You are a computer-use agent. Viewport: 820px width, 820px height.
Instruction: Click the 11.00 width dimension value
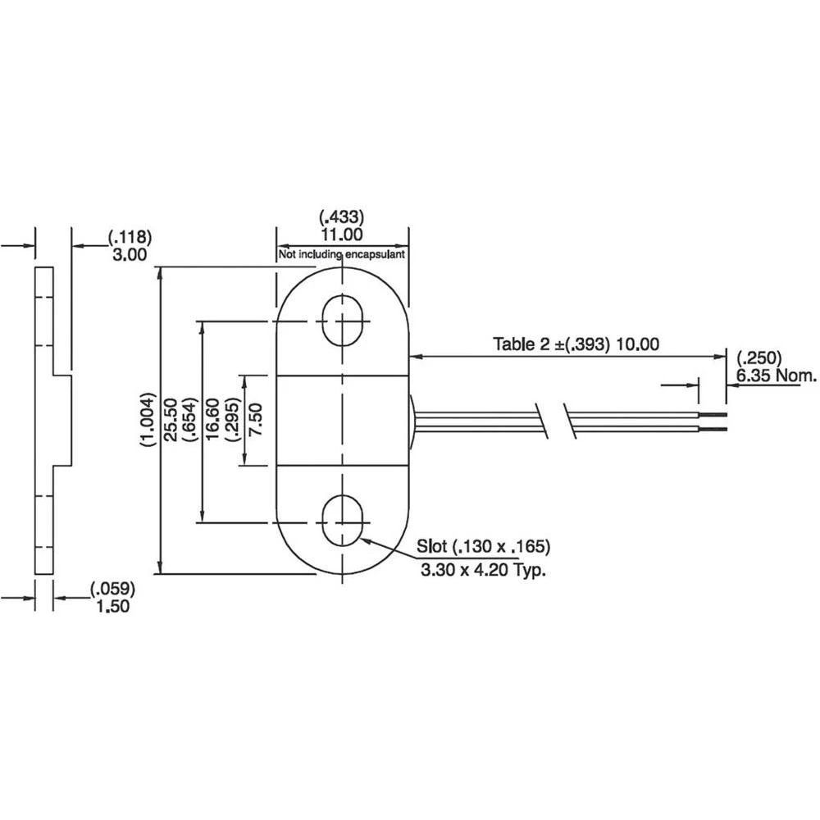pyautogui.click(x=341, y=235)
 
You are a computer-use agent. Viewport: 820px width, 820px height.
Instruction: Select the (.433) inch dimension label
pyautogui.click(x=341, y=217)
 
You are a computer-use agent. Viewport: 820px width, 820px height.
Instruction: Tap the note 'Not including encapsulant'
pyautogui.click(x=341, y=255)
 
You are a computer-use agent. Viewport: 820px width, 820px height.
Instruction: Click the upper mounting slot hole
pyautogui.click(x=342, y=321)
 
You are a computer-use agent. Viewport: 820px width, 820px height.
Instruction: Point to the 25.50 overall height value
pyautogui.click(x=171, y=421)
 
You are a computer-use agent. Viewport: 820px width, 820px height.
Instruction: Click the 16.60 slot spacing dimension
pyautogui.click(x=212, y=421)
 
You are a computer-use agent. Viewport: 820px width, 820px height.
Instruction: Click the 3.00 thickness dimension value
pyautogui.click(x=128, y=255)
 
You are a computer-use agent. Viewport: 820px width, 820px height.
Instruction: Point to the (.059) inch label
pyautogui.click(x=112, y=589)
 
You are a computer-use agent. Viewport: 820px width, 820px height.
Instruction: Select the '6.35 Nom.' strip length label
pyautogui.click(x=777, y=376)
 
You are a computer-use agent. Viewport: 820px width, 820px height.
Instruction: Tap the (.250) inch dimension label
pyautogui.click(x=759, y=359)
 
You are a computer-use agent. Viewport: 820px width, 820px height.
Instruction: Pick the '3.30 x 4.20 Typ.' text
pyautogui.click(x=483, y=571)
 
